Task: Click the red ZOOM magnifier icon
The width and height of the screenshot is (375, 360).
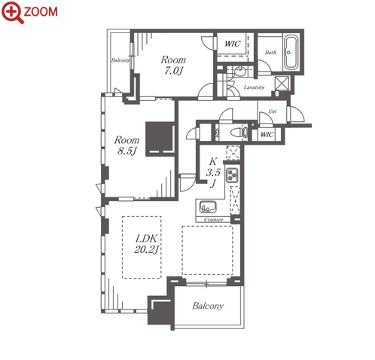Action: [x=13, y=12]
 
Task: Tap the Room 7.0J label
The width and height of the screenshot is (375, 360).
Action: [x=173, y=65]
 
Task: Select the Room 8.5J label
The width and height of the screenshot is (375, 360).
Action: [x=127, y=145]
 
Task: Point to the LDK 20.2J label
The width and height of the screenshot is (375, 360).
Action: [x=147, y=243]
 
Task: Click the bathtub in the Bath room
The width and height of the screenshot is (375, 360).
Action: [x=291, y=53]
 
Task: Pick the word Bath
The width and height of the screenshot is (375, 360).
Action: [x=270, y=52]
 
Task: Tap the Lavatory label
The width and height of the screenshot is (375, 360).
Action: [x=254, y=87]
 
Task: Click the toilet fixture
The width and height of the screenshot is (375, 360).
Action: [x=239, y=133]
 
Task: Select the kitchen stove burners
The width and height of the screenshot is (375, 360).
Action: [x=232, y=175]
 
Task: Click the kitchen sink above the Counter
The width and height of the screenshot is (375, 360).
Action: [x=208, y=206]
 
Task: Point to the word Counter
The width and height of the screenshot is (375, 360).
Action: [x=214, y=220]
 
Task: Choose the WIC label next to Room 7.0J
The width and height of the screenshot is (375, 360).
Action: [x=233, y=44]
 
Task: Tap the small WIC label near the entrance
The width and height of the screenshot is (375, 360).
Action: [x=267, y=135]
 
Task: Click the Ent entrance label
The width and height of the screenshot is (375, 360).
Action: [x=273, y=111]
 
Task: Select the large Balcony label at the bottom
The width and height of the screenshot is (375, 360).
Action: [x=208, y=306]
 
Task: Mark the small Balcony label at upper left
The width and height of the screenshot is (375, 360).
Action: [x=120, y=60]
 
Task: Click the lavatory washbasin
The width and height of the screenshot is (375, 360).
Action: [x=240, y=72]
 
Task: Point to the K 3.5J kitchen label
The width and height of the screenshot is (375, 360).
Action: [x=213, y=172]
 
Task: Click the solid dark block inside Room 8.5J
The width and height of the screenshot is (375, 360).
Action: [x=160, y=139]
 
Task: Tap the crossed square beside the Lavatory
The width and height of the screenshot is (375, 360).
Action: [x=282, y=83]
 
